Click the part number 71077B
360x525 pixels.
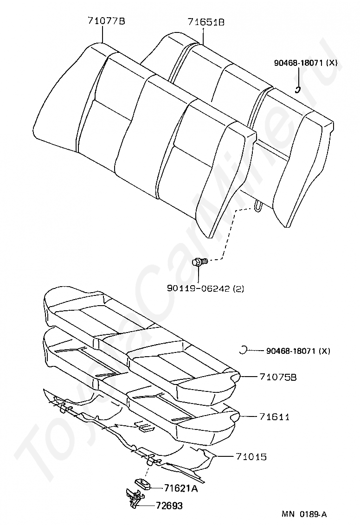pyautogui.click(x=106, y=21)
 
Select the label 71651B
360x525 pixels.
pyautogui.click(x=206, y=21)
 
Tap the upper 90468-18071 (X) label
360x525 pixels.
pyautogui.click(x=305, y=63)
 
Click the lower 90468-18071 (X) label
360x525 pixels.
pyautogui.click(x=298, y=351)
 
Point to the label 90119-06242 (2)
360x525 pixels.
pyautogui.click(x=205, y=288)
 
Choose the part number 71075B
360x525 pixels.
pyautogui.click(x=278, y=377)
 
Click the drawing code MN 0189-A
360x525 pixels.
pyautogui.click(x=304, y=514)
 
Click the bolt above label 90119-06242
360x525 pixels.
pyautogui.click(x=199, y=262)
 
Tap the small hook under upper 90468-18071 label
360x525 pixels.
pyautogui.click(x=300, y=90)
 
